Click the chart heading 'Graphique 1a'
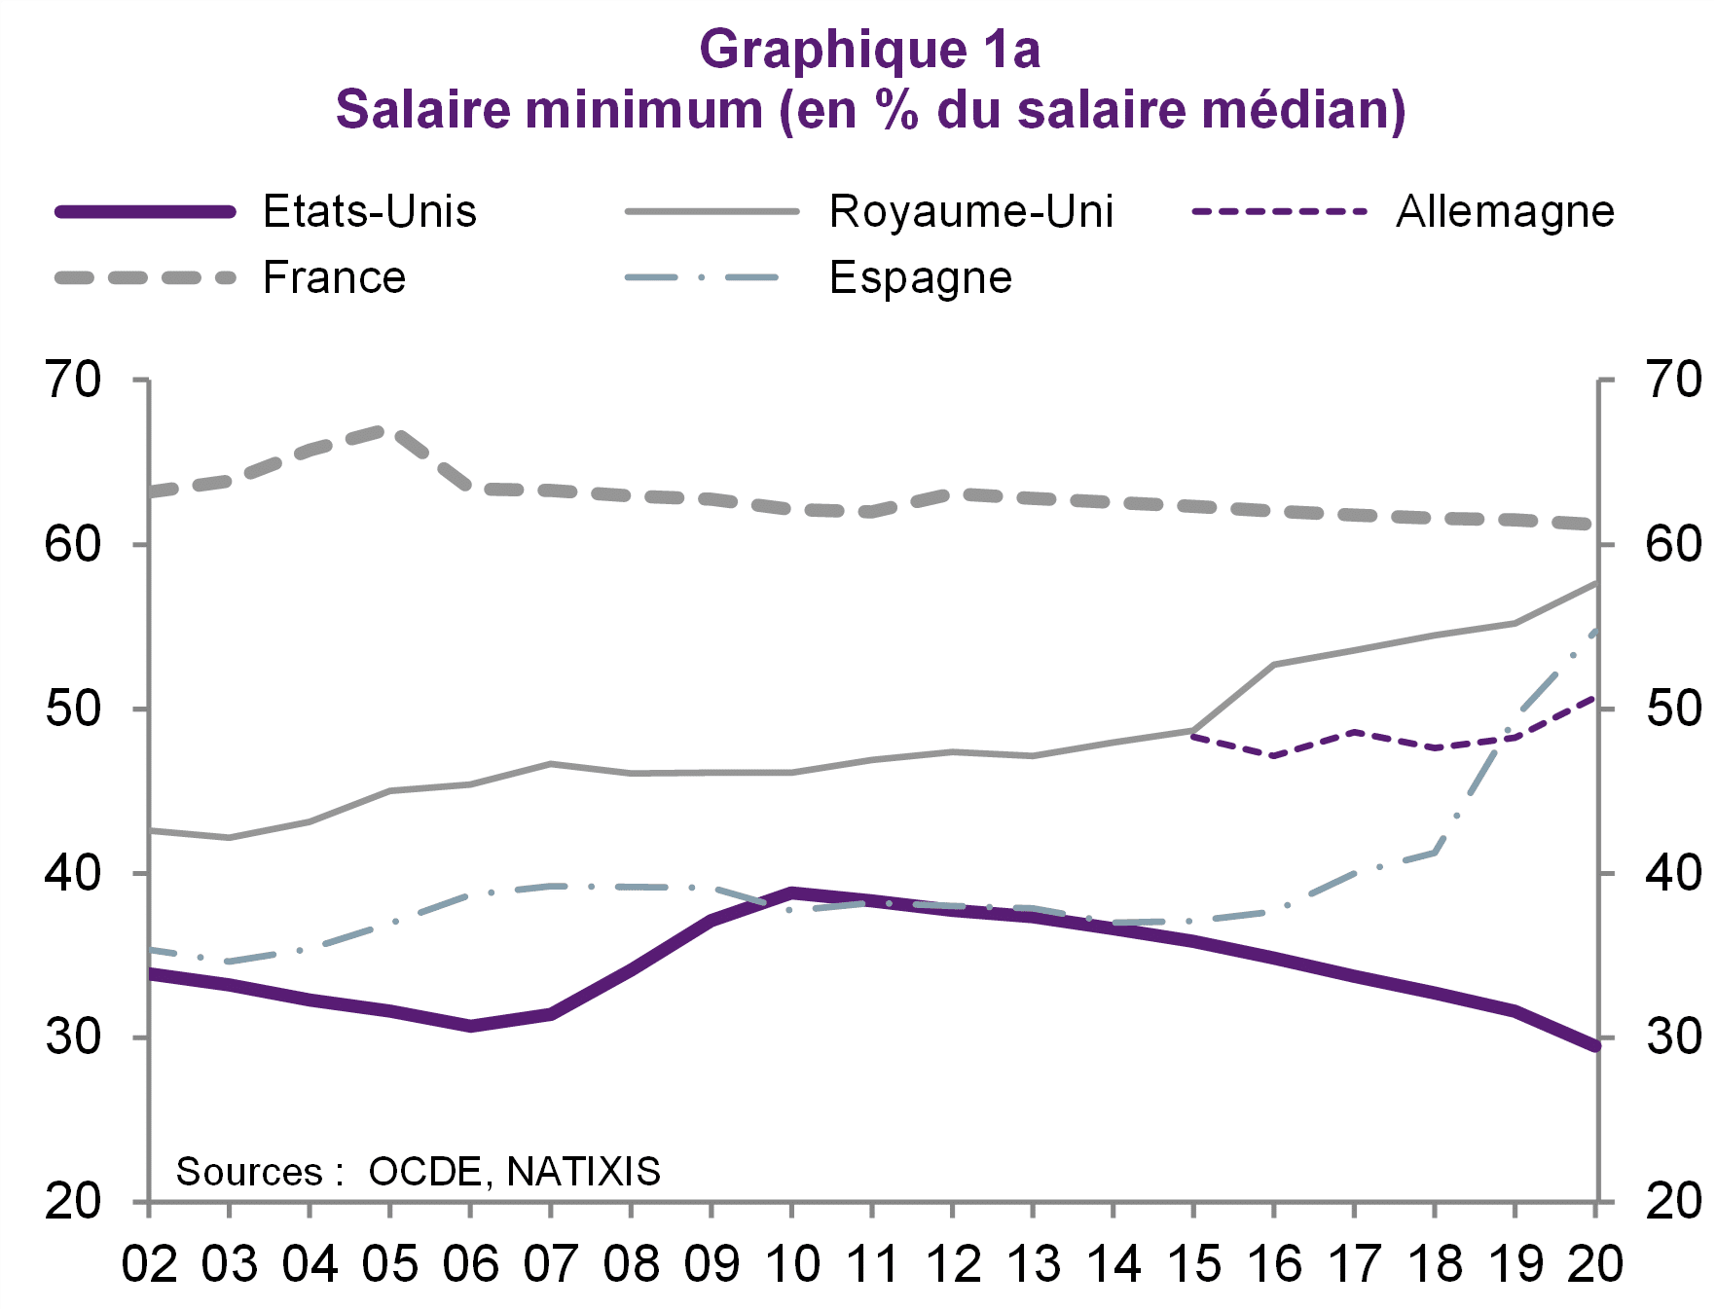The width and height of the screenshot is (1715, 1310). click(869, 49)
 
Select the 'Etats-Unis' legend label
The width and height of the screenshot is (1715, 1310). click(370, 211)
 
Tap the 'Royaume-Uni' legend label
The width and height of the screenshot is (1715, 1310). click(970, 211)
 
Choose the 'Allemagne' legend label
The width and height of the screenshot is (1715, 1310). click(1505, 211)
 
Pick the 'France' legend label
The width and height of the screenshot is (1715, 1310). click(334, 277)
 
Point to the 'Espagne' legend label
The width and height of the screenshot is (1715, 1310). click(920, 277)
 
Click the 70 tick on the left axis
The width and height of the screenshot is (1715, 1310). click(73, 380)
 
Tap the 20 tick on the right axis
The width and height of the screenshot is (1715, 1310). click(1673, 1202)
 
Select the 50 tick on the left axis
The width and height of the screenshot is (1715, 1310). click(73, 709)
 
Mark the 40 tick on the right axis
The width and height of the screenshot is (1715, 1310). click(1673, 873)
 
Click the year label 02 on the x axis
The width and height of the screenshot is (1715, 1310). click(149, 1264)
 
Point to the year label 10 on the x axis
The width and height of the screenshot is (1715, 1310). click(792, 1264)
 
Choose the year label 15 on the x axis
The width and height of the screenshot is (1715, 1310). click(1193, 1264)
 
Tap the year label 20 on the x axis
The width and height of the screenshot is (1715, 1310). click(1594, 1264)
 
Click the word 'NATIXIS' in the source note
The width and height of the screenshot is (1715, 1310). click(584, 1172)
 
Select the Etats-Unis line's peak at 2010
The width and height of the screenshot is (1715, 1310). click(792, 892)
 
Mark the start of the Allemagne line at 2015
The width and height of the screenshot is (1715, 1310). click(1193, 737)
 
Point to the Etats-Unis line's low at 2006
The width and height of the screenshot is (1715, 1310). click(470, 1026)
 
